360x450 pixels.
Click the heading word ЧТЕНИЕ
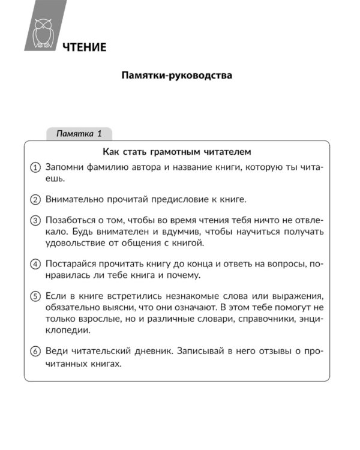pos(84,47)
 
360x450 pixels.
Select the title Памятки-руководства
pos(176,77)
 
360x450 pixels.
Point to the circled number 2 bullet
pos(35,199)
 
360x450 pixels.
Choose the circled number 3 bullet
pos(35,220)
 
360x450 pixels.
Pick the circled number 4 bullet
pos(35,263)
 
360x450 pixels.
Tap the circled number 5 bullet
pos(35,296)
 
